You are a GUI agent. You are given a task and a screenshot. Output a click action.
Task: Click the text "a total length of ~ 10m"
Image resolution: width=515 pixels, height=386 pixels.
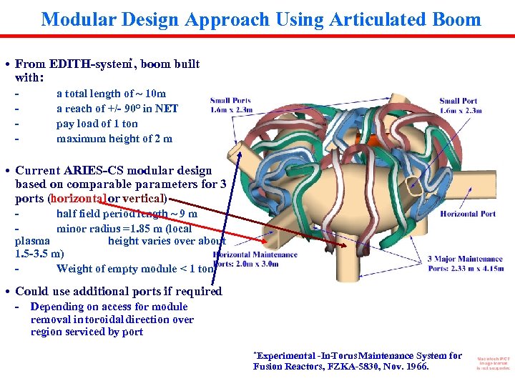[111, 94]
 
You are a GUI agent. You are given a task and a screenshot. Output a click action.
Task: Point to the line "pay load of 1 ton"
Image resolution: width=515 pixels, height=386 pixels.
[97, 124]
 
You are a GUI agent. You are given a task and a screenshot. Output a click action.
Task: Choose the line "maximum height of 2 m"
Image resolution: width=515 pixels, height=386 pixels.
[114, 139]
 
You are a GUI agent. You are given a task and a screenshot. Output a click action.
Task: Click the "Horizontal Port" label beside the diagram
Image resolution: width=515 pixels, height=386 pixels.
[468, 214]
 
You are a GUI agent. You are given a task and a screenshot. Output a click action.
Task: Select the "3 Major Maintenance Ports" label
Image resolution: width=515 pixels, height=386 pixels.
[465, 263]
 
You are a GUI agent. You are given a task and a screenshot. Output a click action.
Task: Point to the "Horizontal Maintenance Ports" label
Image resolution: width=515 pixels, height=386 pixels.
[255, 259]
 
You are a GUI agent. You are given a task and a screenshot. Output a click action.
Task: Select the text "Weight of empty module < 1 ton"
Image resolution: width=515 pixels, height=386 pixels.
[135, 269]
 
